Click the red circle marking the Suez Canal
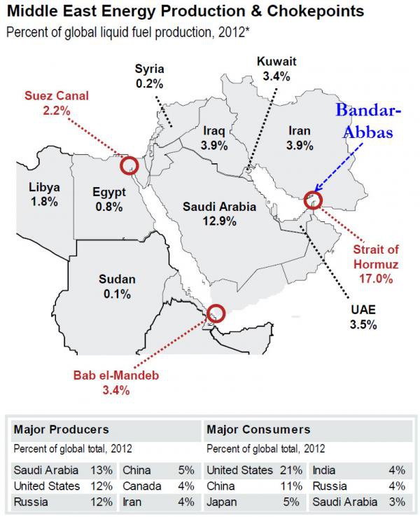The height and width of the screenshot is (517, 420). click(128, 166)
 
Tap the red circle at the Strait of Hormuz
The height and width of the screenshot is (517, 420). click(313, 200)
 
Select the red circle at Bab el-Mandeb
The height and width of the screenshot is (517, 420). click(216, 312)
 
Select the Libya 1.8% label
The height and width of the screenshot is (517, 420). click(44, 194)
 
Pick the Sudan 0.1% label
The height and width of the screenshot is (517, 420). click(117, 287)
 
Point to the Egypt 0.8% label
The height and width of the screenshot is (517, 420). click(108, 200)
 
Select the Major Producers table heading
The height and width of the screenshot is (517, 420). click(62, 429)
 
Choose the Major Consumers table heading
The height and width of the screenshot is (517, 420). click(259, 429)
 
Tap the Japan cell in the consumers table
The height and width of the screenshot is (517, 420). click(223, 502)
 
